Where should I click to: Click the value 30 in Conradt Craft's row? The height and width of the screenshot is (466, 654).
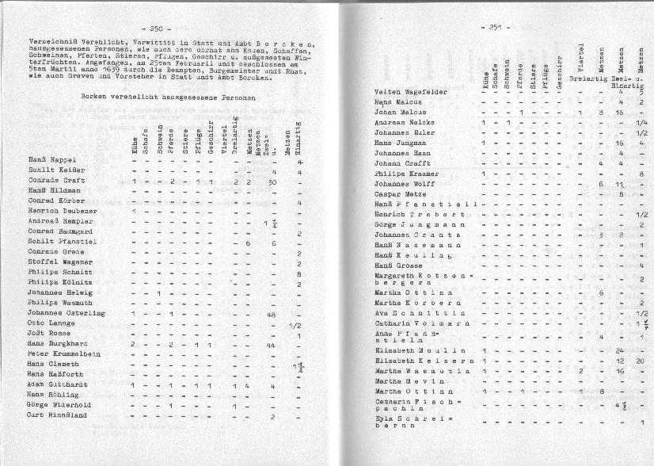pos(272,182)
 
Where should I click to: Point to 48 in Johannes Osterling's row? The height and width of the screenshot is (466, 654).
pos(271,315)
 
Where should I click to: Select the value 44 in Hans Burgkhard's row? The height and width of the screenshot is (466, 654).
pos(271,346)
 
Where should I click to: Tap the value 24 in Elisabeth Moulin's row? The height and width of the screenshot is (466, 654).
pos(620,349)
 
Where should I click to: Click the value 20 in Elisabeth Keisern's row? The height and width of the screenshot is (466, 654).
pos(641,361)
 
